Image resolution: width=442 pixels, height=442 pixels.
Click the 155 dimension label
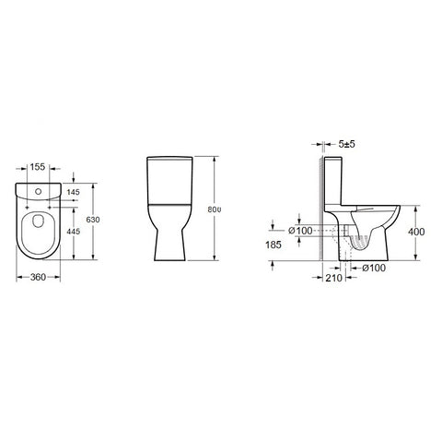[x=38, y=167]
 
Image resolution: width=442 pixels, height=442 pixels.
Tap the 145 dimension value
[x=73, y=192]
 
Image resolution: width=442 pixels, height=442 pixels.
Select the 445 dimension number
[x=73, y=231]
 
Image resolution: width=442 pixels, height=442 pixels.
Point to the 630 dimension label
[x=93, y=220]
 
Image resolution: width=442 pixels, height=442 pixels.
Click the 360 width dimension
[x=38, y=277]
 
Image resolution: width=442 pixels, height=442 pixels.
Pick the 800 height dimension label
[x=215, y=209]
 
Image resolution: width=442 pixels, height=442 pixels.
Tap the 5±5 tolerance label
[x=346, y=144]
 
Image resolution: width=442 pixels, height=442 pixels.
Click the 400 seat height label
[x=416, y=232]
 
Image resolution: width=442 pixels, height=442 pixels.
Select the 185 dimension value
[x=273, y=245]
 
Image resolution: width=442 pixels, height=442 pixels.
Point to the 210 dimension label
[x=333, y=278]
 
